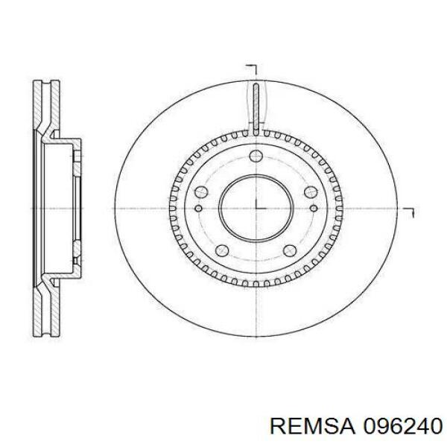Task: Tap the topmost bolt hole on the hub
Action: [x=256, y=156]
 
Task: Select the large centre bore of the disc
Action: [x=256, y=207]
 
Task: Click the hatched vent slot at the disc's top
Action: [x=256, y=109]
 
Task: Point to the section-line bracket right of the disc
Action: [x=408, y=212]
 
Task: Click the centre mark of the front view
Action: [x=256, y=207]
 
